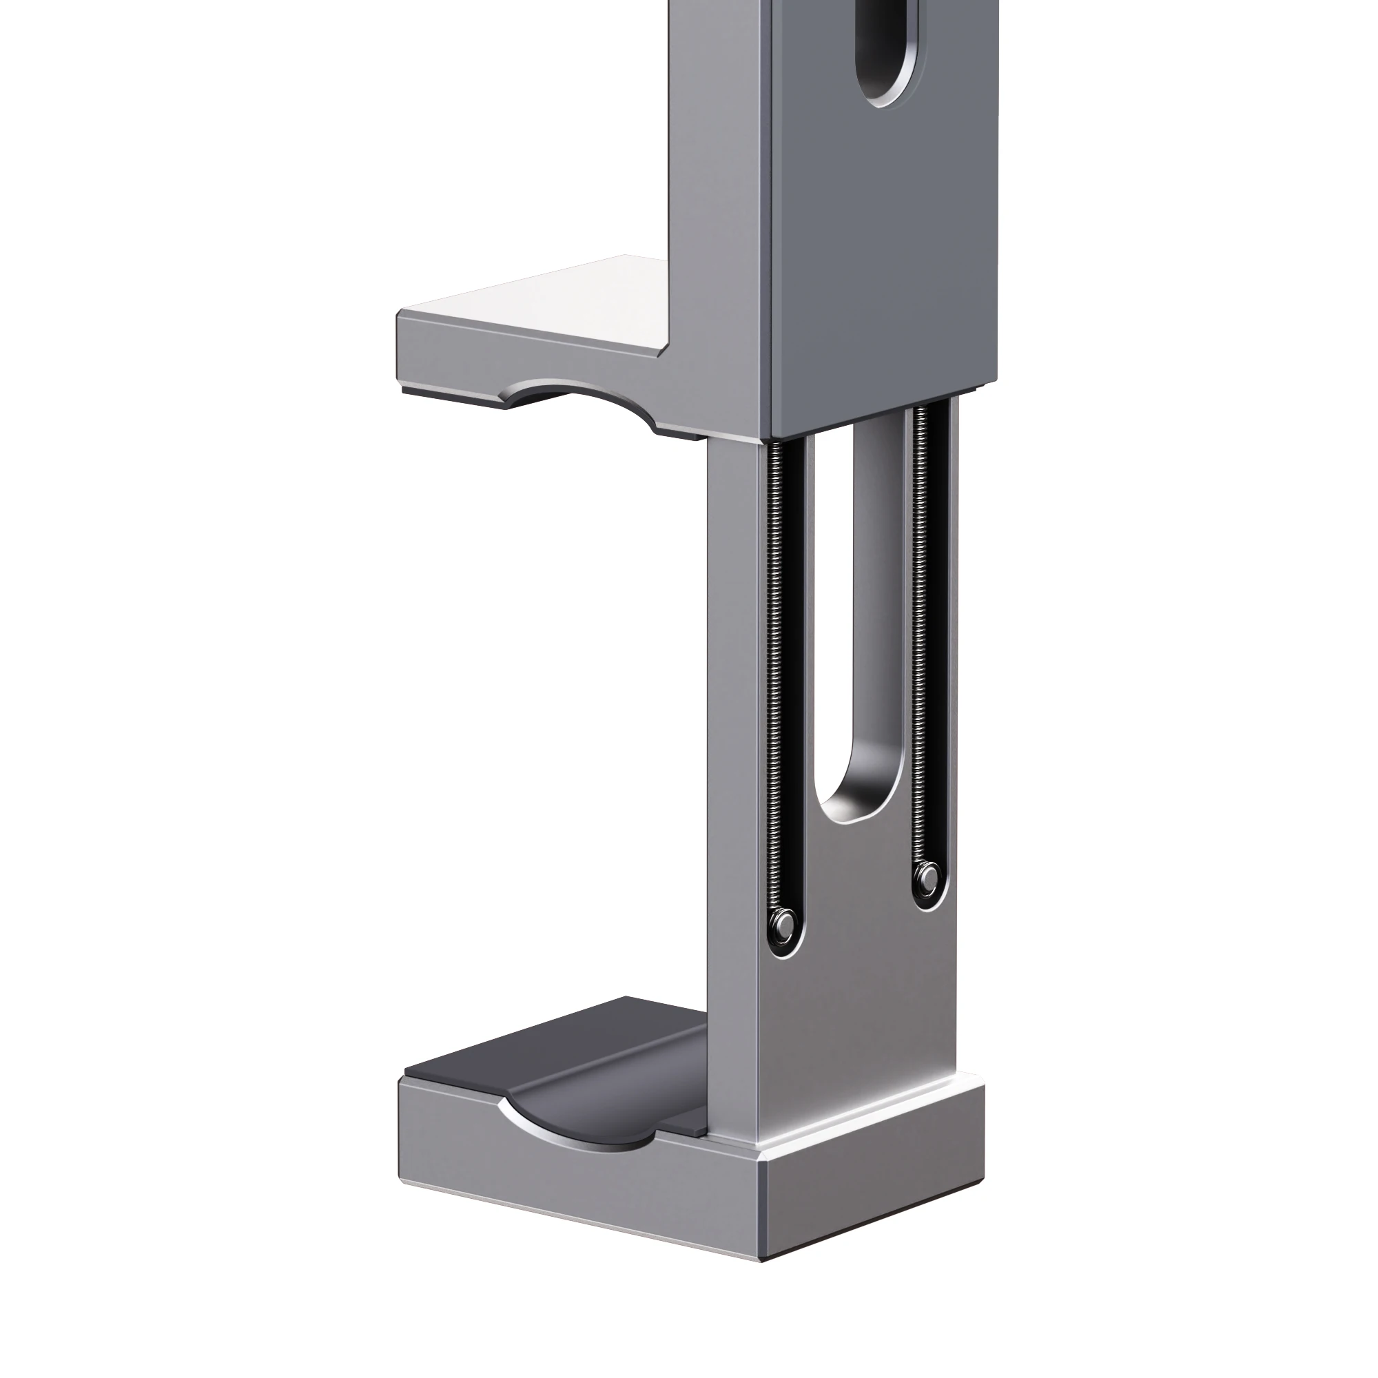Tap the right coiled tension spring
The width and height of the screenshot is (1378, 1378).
[x=921, y=628]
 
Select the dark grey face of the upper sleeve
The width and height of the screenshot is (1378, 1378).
[x=885, y=249]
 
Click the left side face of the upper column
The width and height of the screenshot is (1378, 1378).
[x=721, y=178]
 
